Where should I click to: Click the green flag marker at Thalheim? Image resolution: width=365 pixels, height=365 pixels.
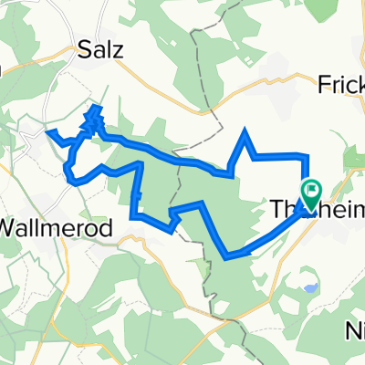[x=311, y=193]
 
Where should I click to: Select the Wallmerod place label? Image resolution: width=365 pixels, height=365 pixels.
[x=57, y=228]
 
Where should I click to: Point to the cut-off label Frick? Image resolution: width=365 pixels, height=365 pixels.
[x=341, y=84]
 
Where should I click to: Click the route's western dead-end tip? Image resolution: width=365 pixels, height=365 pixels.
[x=47, y=133]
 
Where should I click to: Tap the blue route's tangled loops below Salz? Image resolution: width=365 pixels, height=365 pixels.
[x=93, y=122]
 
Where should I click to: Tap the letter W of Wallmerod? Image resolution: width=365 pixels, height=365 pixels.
[x=12, y=228]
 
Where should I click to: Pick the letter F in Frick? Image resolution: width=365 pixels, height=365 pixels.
[x=324, y=84]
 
